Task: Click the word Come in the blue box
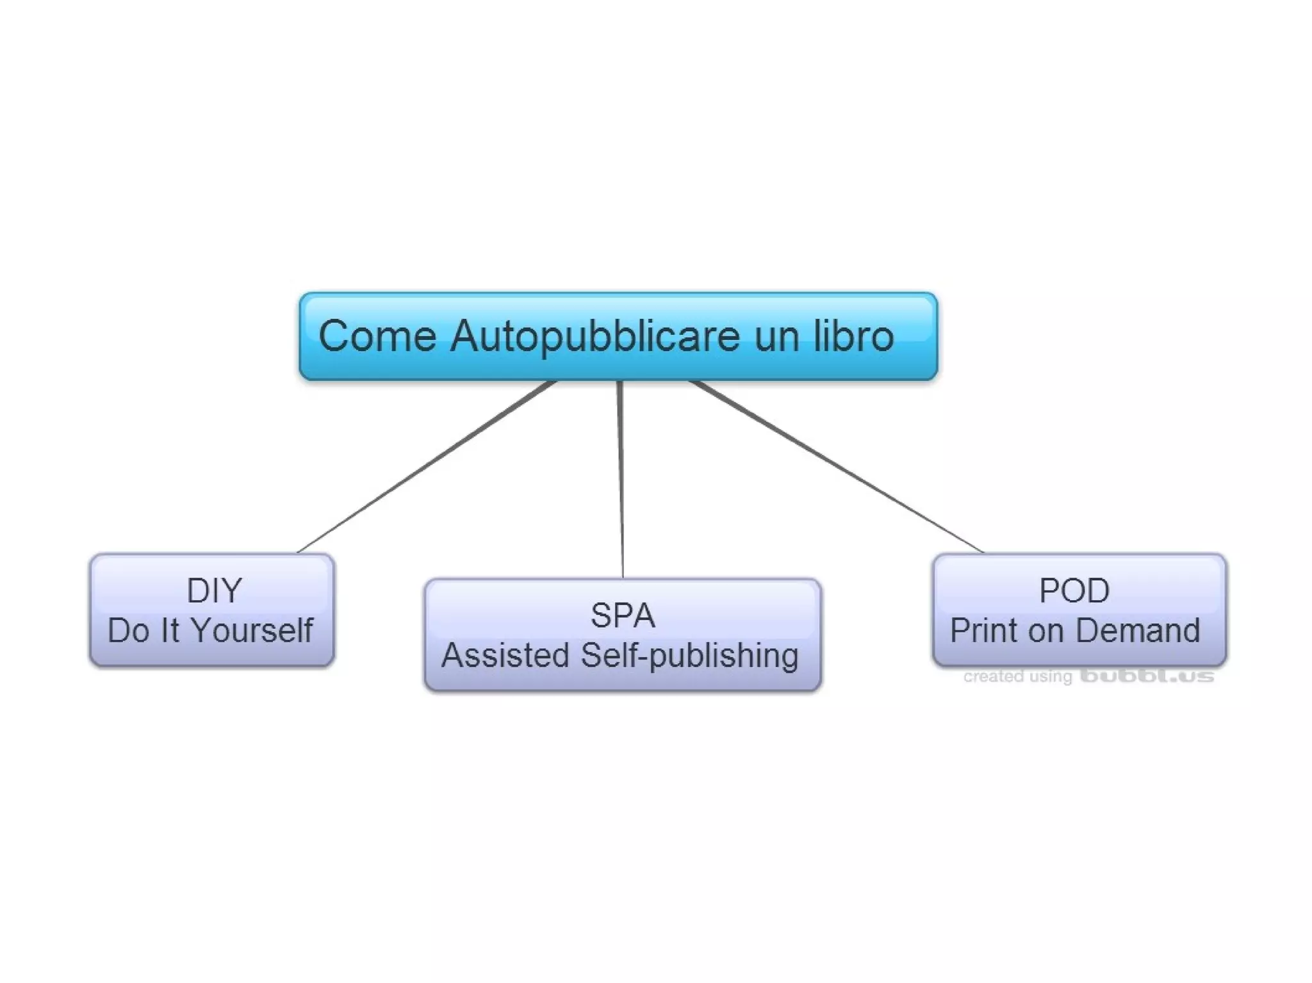click(377, 336)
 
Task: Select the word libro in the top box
click(853, 336)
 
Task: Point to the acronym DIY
click(214, 590)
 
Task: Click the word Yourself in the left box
click(253, 630)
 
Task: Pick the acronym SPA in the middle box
click(623, 616)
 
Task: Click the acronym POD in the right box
click(1074, 590)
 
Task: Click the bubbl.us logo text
click(1147, 676)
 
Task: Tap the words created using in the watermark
click(1017, 677)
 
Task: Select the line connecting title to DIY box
click(426, 467)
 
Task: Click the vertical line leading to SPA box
click(621, 480)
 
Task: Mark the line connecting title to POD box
click(836, 467)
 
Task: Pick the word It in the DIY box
click(170, 630)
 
